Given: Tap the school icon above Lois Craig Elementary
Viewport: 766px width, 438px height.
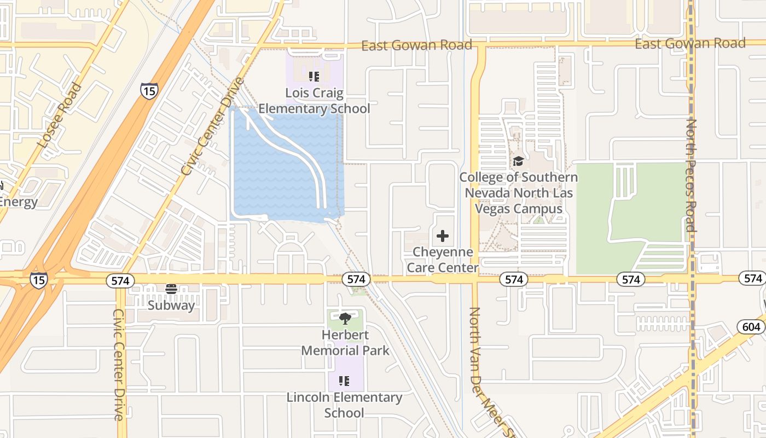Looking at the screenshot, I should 314,77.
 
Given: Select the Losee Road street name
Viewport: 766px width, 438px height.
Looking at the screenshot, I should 60,115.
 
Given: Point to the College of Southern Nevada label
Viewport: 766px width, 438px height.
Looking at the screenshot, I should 518,193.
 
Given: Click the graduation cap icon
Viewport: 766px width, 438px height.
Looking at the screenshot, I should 518,162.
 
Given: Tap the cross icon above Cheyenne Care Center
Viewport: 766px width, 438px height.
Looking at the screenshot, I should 443,236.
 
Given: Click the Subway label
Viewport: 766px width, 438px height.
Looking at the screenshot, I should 171,305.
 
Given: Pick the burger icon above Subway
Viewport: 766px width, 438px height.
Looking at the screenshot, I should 171,289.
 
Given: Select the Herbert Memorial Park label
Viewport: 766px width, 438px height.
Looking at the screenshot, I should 345,343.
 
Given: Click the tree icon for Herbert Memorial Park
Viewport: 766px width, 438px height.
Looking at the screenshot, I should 345,318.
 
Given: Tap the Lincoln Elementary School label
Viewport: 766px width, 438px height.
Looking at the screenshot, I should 344,405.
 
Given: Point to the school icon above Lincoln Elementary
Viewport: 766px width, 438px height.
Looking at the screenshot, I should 344,381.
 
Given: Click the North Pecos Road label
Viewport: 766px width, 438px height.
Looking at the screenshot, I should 692,175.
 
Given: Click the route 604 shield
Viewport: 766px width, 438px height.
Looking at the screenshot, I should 751,327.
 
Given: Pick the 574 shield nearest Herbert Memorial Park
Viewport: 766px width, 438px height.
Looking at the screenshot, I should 356,279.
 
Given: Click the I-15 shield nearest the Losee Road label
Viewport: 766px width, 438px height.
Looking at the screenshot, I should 148,90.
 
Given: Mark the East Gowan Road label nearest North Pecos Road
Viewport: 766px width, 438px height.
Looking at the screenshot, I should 690,43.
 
